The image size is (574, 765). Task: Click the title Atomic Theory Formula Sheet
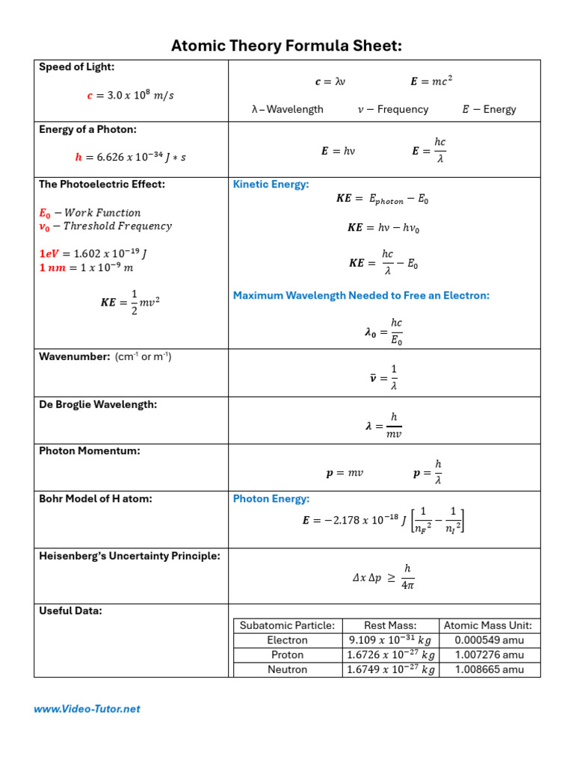pyautogui.click(x=287, y=46)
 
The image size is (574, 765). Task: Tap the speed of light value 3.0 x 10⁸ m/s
pyautogui.click(x=131, y=95)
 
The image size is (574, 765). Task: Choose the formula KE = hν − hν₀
pyautogui.click(x=383, y=228)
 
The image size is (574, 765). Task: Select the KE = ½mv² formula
pyautogui.click(x=131, y=302)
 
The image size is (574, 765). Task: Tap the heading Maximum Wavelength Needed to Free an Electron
pyautogui.click(x=361, y=296)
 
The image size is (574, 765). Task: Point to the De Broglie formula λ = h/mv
pyautogui.click(x=383, y=426)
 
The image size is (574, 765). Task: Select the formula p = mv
pyautogui.click(x=345, y=474)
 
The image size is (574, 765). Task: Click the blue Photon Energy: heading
pyautogui.click(x=271, y=499)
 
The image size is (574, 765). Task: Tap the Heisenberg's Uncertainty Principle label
pyautogui.click(x=129, y=556)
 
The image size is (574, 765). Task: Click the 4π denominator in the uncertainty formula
pyautogui.click(x=407, y=586)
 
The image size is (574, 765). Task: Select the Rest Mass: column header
pyautogui.click(x=390, y=626)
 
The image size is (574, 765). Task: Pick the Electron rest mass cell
pyautogui.click(x=390, y=640)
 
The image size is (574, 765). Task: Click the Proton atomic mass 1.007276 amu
pyautogui.click(x=490, y=655)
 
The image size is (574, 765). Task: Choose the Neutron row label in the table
pyautogui.click(x=287, y=670)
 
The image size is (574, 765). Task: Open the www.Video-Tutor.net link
pyautogui.click(x=87, y=709)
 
